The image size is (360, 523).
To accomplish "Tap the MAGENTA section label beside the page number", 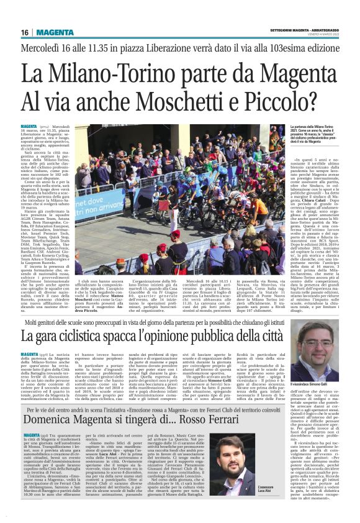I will coord(53,32).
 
